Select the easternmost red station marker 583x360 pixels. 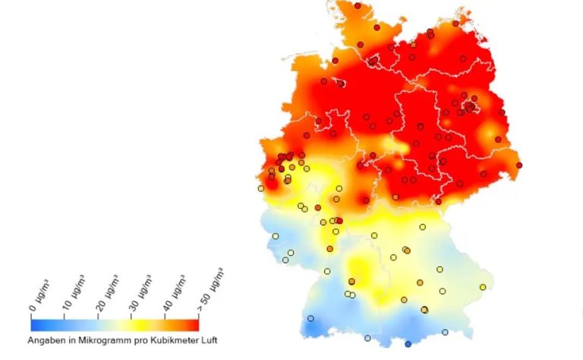(519, 165)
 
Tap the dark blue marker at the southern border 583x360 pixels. (408, 345)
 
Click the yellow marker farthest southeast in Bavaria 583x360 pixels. (483, 286)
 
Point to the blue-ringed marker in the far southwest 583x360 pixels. (310, 318)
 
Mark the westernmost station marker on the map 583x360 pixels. (261, 188)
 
